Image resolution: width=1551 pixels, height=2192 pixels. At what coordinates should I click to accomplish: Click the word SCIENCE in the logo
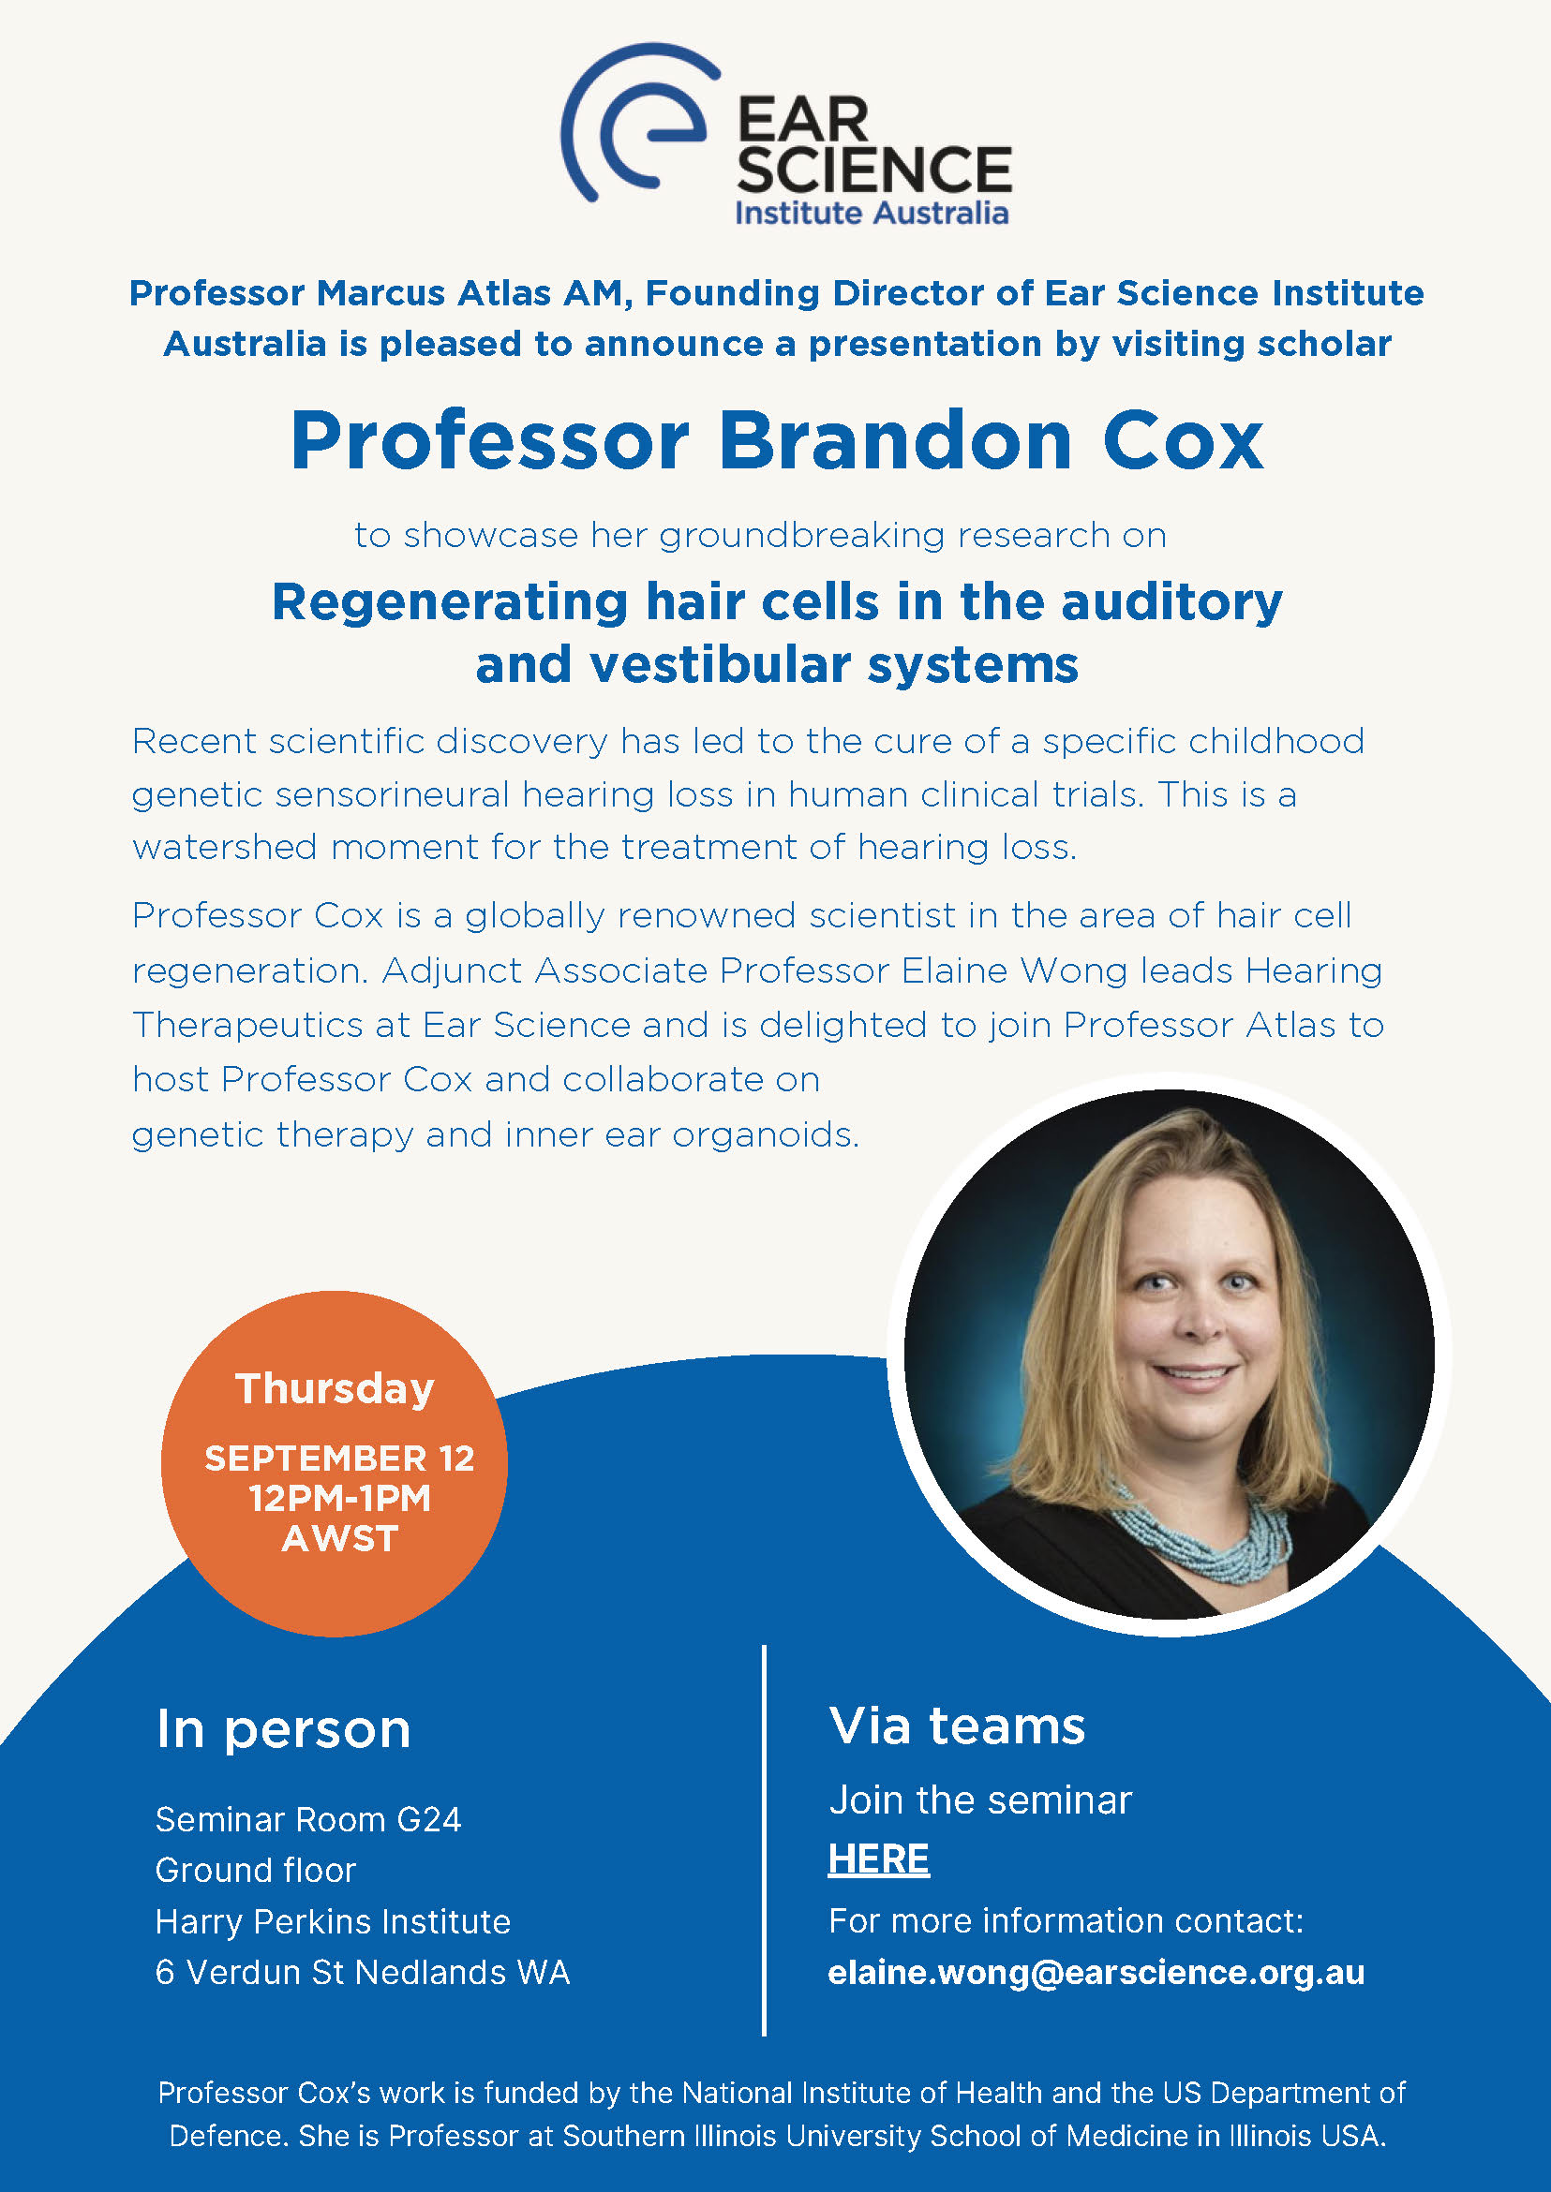tap(873, 170)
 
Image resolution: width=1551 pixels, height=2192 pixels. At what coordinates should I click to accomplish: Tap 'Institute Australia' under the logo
tap(871, 212)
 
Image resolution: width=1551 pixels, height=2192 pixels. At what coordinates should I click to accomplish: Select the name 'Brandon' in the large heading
tap(895, 441)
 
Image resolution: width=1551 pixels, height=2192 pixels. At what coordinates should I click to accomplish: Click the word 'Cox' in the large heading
tap(1184, 441)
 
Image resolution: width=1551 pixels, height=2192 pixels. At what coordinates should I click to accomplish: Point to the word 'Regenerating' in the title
tap(450, 603)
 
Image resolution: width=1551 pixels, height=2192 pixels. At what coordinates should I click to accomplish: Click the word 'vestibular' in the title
tap(720, 664)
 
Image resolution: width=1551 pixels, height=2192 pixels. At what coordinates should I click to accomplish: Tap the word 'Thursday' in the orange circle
tap(335, 1388)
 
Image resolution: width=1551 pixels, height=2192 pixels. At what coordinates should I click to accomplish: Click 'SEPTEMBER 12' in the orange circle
tap(339, 1458)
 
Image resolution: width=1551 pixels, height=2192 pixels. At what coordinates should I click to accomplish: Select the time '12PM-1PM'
tap(339, 1498)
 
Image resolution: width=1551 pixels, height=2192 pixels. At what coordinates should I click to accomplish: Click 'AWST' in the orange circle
tap(339, 1538)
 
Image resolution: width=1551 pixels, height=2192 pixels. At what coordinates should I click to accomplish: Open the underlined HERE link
tap(878, 1859)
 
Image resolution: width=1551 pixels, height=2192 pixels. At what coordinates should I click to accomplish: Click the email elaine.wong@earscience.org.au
tap(1096, 1973)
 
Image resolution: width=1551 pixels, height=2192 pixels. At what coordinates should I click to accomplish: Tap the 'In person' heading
tap(284, 1729)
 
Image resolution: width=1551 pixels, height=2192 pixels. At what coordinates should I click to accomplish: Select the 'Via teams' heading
tap(957, 1725)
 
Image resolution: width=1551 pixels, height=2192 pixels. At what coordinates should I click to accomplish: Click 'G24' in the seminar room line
tap(429, 1820)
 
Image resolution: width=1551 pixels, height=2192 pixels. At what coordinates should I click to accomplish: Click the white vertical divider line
tap(764, 1843)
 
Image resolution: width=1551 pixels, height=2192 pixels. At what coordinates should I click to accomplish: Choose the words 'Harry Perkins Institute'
tap(333, 1921)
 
